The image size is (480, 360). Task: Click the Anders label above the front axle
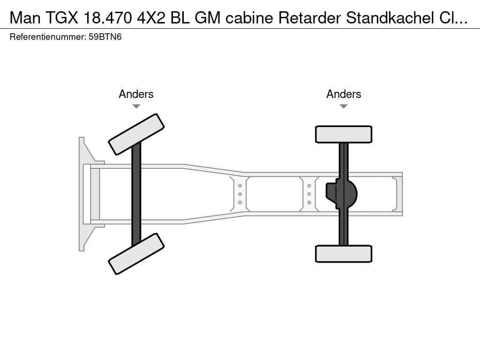point(136,94)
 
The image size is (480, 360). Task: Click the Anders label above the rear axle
point(344,94)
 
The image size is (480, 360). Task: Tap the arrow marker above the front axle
point(136,106)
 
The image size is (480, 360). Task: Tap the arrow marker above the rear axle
point(344,106)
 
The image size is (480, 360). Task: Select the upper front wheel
point(136,134)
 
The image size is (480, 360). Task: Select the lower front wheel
point(136,254)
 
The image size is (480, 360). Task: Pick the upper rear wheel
point(344,134)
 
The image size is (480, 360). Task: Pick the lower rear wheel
point(344,254)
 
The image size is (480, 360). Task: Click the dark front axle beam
point(136,194)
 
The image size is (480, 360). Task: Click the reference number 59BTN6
point(105,37)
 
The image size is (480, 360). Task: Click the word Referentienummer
point(48,37)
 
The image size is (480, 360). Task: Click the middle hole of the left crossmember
point(240,194)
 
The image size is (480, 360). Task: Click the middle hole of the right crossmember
point(309,194)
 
